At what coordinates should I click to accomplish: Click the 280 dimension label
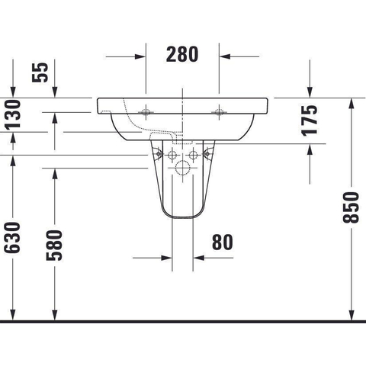(x=182, y=54)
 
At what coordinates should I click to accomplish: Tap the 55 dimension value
(x=40, y=72)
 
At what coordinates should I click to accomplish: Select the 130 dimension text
(x=13, y=115)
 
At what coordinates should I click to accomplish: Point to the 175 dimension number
(x=310, y=120)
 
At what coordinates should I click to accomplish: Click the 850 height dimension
(x=351, y=207)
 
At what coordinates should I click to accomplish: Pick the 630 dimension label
(x=12, y=238)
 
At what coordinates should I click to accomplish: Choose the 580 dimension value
(x=54, y=246)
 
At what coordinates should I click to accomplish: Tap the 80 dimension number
(x=223, y=242)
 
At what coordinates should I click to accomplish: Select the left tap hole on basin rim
(x=146, y=112)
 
